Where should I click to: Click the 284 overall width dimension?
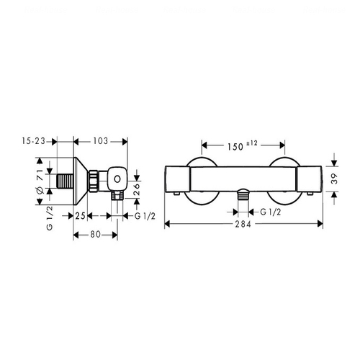[x=243, y=224]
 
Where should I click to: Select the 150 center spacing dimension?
[x=235, y=147]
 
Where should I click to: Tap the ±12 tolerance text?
[x=251, y=143]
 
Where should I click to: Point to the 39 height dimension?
[x=334, y=179]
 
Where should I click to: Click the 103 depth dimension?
[x=101, y=141]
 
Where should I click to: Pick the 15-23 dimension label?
[x=33, y=141]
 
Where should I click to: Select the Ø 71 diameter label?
[x=40, y=181]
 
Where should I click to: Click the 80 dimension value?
[x=96, y=234]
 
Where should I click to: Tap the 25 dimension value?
[x=81, y=216]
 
